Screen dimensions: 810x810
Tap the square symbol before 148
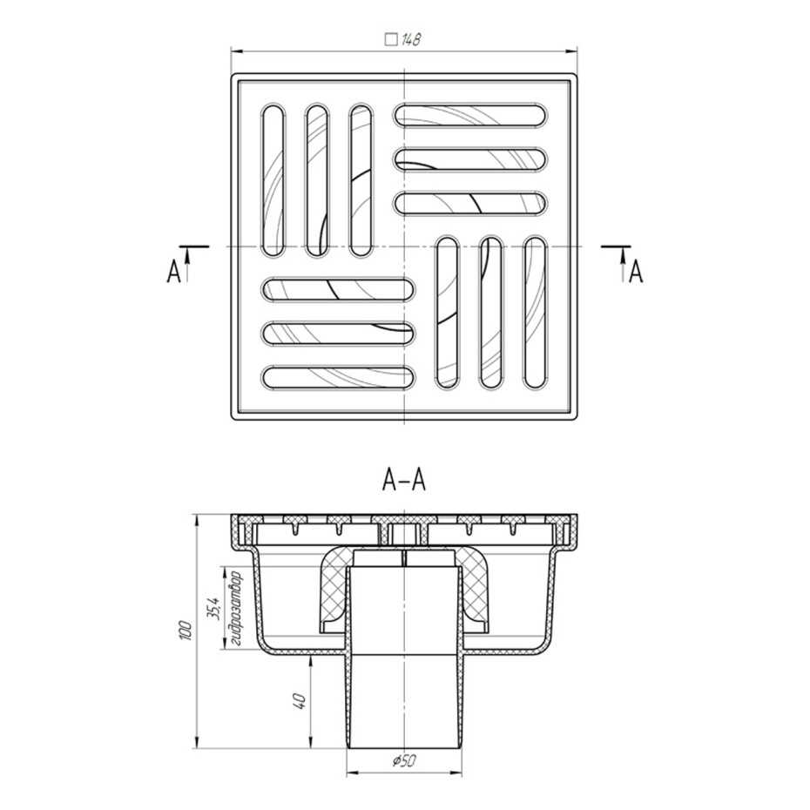pyautogui.click(x=392, y=40)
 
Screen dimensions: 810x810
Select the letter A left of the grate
pyautogui.click(x=174, y=272)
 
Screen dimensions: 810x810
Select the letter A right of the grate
pyautogui.click(x=637, y=272)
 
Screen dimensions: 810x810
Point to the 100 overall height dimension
pyautogui.click(x=186, y=631)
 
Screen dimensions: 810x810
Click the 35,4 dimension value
pyautogui.click(x=215, y=608)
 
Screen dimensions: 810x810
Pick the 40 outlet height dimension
pyautogui.click(x=300, y=700)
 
